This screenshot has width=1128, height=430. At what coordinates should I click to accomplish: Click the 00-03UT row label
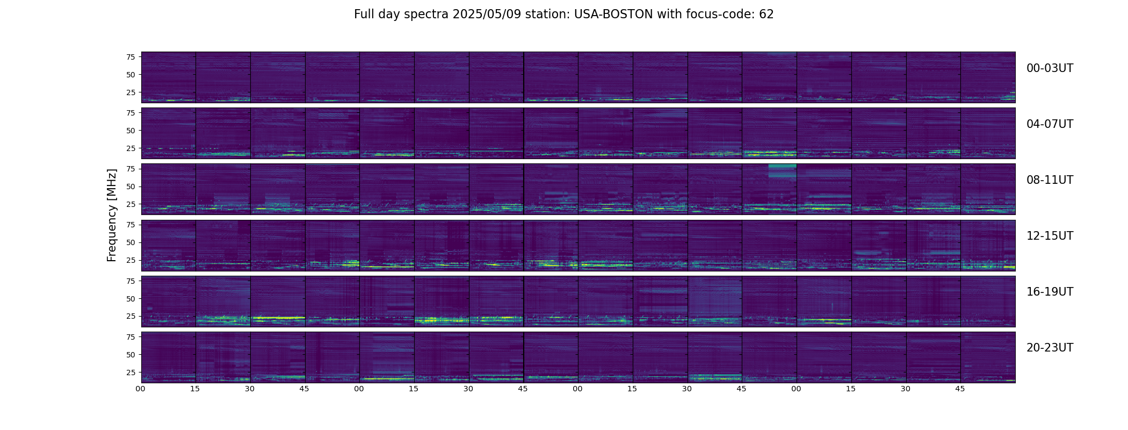click(x=1050, y=68)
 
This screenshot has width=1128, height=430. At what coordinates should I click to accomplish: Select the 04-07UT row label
click(x=1050, y=124)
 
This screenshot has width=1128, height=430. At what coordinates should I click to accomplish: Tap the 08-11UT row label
click(x=1050, y=180)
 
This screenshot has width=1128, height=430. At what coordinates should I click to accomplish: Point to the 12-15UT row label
click(x=1050, y=236)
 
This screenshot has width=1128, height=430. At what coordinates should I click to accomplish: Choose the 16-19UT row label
click(x=1050, y=292)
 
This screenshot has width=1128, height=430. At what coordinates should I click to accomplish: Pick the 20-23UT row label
click(x=1050, y=348)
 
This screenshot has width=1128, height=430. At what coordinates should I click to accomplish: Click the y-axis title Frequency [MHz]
click(x=112, y=215)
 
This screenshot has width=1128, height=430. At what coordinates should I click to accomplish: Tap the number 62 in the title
click(x=767, y=15)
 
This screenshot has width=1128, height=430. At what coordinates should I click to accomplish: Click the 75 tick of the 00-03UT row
click(x=131, y=56)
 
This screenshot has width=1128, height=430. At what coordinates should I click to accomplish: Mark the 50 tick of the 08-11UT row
click(x=131, y=187)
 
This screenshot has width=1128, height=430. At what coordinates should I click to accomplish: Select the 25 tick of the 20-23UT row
click(x=131, y=372)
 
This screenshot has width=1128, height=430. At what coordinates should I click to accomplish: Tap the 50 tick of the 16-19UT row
click(x=131, y=298)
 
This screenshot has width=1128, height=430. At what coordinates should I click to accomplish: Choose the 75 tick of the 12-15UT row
click(x=131, y=225)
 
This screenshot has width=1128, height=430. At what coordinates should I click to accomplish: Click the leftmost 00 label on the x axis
click(x=141, y=389)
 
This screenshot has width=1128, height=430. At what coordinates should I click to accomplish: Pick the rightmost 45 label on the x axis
click(x=960, y=389)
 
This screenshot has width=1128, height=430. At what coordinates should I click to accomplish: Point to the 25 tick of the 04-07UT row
click(x=131, y=148)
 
